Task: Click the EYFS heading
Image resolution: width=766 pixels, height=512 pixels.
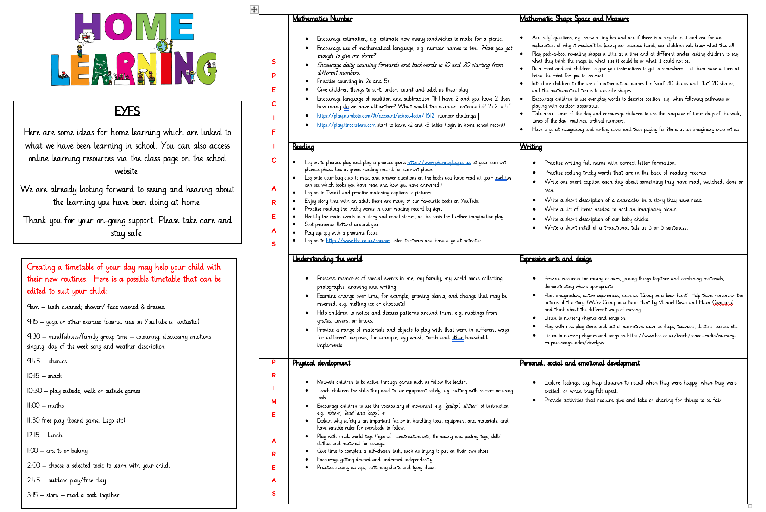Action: pyautogui.click(x=127, y=111)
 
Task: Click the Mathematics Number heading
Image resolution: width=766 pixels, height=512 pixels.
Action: pyautogui.click(x=322, y=19)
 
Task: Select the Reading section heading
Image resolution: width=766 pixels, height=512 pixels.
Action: pyautogui.click(x=303, y=147)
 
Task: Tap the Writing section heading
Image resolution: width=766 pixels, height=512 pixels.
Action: pyautogui.click(x=531, y=147)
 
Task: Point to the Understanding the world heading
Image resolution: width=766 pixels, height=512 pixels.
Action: pyautogui.click(x=327, y=259)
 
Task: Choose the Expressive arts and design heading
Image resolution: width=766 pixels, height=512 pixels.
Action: pyautogui.click(x=556, y=259)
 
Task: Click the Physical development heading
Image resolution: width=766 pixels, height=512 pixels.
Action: pyautogui.click(x=321, y=363)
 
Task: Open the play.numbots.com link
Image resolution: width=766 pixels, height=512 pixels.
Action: pyautogui.click(x=376, y=116)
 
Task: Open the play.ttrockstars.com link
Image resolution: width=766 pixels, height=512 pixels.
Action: pyautogui.click(x=346, y=125)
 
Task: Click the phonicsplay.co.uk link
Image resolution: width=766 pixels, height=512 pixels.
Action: pyautogui.click(x=439, y=162)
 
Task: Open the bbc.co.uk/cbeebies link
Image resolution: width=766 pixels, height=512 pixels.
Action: pyautogui.click(x=358, y=241)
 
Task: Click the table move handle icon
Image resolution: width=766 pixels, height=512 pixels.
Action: pyautogui.click(x=254, y=10)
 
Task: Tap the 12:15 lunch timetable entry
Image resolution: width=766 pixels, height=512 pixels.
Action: pyautogui.click(x=45, y=435)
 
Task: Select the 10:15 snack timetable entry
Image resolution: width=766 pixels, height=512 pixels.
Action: pyautogui.click(x=45, y=376)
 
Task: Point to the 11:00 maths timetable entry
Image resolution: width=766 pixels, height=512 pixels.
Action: pyautogui.click(x=46, y=406)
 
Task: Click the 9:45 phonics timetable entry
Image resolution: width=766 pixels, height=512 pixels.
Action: pyautogui.click(x=47, y=361)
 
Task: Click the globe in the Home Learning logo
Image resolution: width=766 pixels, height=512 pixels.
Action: pyautogui.click(x=162, y=46)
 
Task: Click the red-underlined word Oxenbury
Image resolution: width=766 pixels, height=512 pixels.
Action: pyautogui.click(x=723, y=302)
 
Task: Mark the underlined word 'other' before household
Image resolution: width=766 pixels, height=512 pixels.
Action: pyautogui.click(x=457, y=338)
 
